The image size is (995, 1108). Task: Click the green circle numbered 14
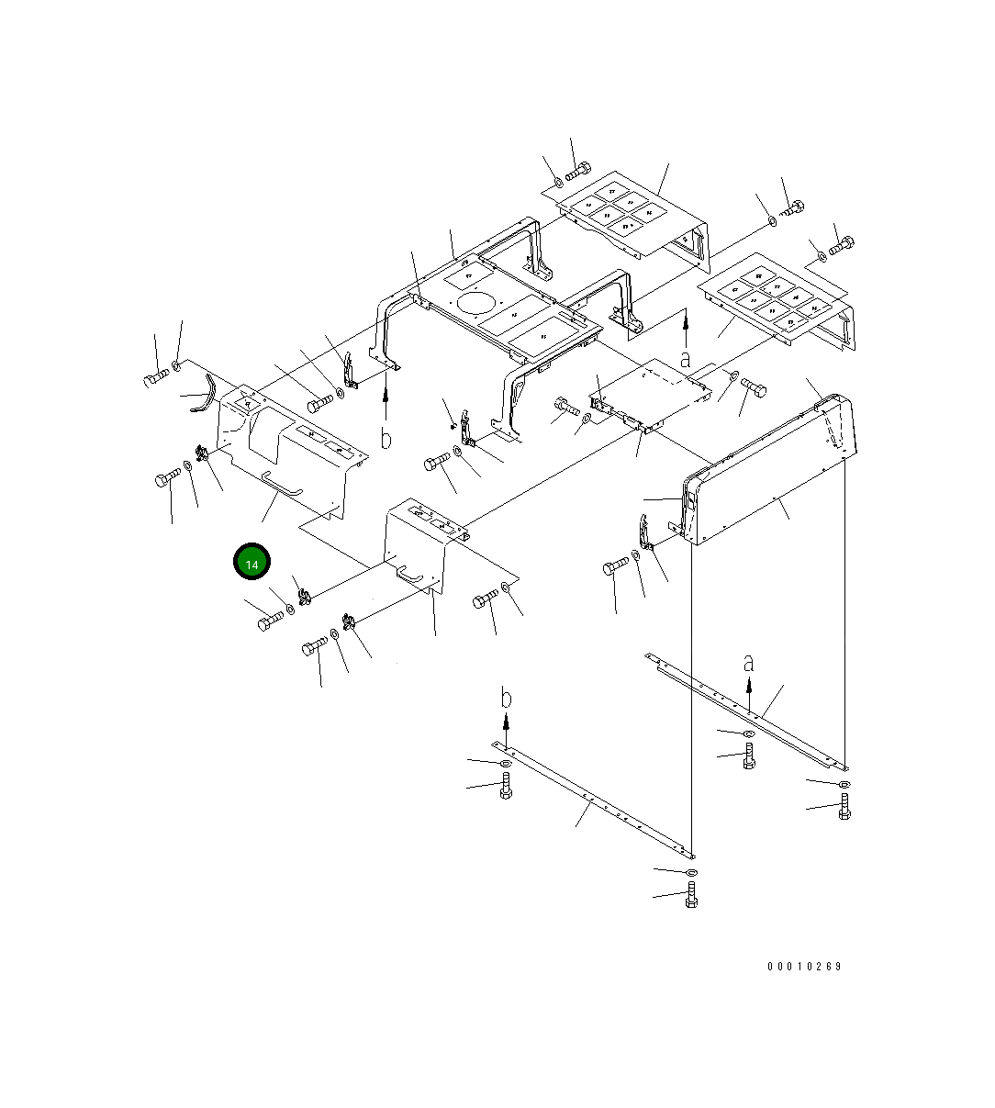252,561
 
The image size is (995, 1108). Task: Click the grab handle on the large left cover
282,485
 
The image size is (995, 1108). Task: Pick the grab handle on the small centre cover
409,575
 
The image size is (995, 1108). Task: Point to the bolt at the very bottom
691,895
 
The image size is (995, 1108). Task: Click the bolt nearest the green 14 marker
270,621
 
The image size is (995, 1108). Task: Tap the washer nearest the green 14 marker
290,609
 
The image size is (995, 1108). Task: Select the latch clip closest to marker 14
304,596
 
